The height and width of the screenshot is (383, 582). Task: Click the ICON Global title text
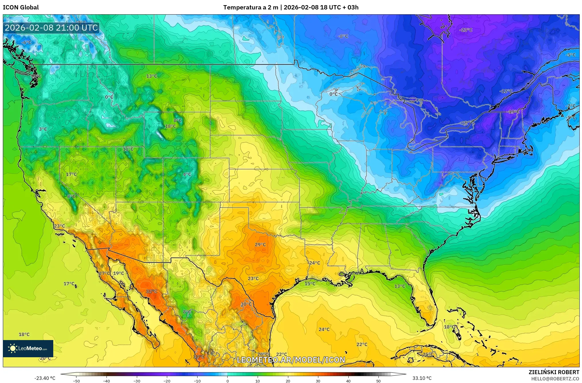(21, 7)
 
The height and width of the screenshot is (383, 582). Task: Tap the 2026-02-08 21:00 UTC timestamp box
(51, 28)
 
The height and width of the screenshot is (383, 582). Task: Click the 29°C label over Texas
(260, 244)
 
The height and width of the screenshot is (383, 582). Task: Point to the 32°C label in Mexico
(151, 291)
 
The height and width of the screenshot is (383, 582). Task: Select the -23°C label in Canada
(466, 30)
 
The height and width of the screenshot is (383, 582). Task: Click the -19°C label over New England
(514, 112)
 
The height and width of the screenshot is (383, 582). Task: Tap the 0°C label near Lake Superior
(333, 94)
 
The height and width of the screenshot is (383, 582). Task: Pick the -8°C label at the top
(343, 36)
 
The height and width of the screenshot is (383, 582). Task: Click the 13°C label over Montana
(151, 76)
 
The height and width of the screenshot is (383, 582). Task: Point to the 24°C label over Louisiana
(314, 263)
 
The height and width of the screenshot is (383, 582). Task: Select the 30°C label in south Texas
(246, 304)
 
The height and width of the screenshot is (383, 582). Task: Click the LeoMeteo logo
(28, 348)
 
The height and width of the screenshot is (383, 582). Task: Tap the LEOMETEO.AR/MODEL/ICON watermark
(291, 360)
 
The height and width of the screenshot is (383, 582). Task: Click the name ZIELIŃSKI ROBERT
(554, 372)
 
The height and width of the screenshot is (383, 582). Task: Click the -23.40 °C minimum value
(45, 378)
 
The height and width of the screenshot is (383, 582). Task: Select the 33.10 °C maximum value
(422, 378)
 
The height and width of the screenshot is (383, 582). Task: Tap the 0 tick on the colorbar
(228, 381)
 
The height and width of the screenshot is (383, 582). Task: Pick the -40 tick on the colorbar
(106, 381)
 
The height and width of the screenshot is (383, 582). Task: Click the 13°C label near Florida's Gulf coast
(399, 286)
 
